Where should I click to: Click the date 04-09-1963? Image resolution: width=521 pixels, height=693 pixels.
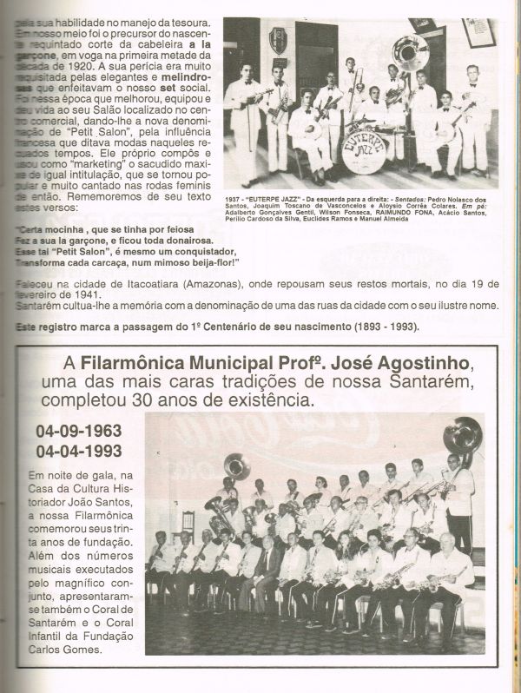tap(78, 432)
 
